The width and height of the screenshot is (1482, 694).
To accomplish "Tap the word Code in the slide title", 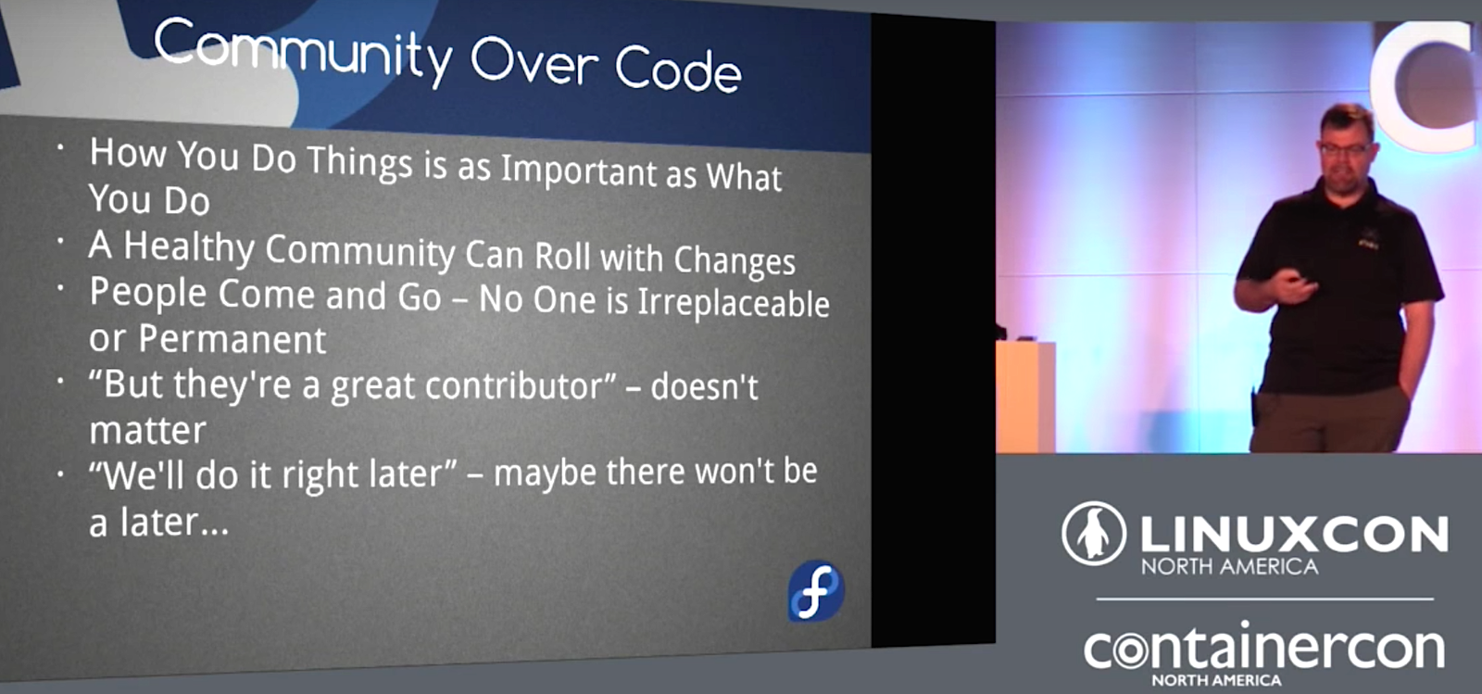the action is (x=678, y=69).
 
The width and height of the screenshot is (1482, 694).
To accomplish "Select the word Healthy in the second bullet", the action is (x=189, y=248).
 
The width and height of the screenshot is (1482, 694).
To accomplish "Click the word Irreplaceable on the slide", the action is (x=733, y=303).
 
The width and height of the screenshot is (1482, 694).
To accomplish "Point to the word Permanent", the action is (x=232, y=339).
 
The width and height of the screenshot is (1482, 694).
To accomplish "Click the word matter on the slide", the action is (x=147, y=431).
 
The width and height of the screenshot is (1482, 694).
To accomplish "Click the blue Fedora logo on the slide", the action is (x=816, y=591).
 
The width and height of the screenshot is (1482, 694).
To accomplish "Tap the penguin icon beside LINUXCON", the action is (x=1094, y=533).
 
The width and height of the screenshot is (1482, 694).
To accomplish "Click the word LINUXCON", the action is (x=1294, y=535).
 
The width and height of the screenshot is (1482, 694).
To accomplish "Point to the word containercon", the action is (x=1263, y=649).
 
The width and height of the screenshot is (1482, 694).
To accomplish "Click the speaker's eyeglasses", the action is (x=1345, y=149).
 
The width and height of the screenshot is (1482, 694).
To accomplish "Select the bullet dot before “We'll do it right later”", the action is (x=60, y=473).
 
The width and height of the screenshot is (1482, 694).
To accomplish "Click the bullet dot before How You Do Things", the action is (x=60, y=147).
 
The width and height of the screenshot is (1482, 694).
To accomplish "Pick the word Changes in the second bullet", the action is (x=735, y=260).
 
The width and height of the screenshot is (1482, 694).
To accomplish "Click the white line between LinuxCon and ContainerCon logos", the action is (x=1265, y=599).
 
